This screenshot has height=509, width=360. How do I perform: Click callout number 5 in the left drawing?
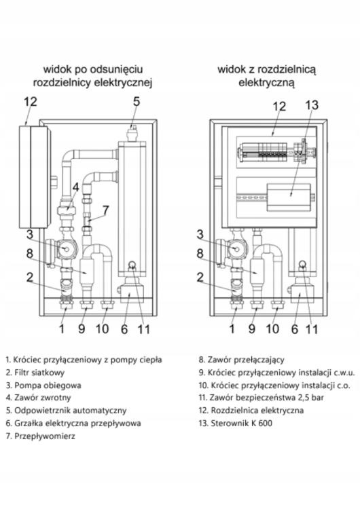(136, 102)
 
